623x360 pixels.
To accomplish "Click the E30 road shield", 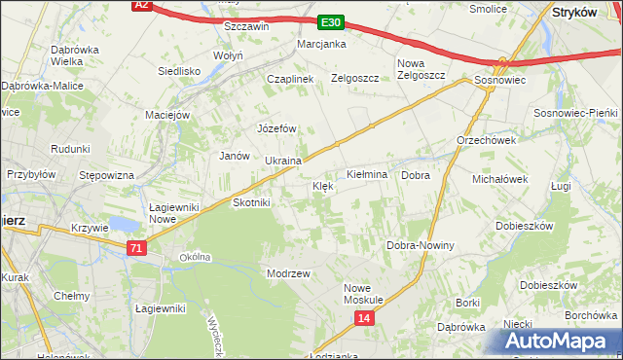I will (329, 22).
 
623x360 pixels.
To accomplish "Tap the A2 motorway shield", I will (142, 5).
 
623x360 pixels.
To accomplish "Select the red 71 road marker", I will (136, 249).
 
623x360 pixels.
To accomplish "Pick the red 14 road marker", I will (363, 318).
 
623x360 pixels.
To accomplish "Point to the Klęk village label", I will (323, 185).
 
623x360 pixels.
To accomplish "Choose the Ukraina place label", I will (282, 161).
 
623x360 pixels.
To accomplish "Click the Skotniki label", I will (252, 202).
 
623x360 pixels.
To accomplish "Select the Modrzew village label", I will (288, 273).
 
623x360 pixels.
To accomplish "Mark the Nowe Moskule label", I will (366, 294).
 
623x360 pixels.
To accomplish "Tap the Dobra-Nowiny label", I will (421, 245).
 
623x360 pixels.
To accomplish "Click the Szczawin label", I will (246, 26).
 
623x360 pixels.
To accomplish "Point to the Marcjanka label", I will (322, 44).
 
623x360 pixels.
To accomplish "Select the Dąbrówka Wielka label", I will (80, 54).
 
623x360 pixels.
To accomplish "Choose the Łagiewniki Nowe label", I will (173, 213).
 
